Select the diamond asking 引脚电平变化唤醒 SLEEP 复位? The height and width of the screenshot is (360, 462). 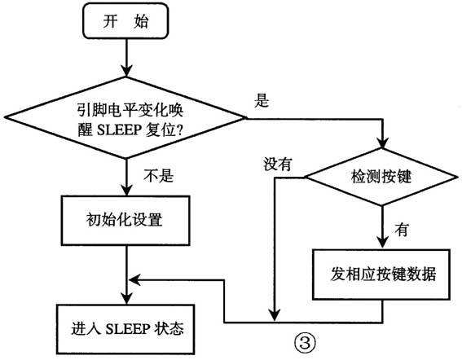coord(126,121)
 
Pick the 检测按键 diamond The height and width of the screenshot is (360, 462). coord(381,175)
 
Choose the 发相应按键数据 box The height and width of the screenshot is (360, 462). coord(381,272)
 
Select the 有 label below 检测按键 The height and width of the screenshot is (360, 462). coord(401,230)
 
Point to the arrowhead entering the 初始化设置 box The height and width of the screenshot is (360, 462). coord(126,190)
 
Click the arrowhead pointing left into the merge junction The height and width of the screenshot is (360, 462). coord(135,279)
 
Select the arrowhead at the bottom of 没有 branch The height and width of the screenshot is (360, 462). coord(276,313)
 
